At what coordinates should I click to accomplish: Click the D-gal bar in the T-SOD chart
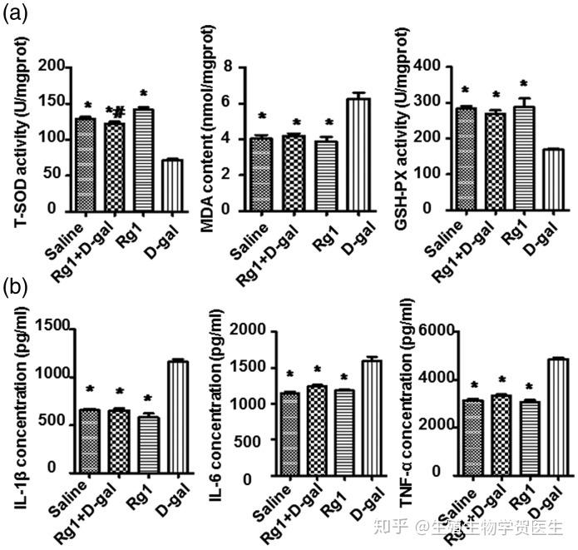pyautogui.click(x=172, y=184)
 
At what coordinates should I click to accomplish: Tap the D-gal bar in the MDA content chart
pyautogui.click(x=358, y=154)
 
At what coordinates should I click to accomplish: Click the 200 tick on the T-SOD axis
pyautogui.click(x=52, y=66)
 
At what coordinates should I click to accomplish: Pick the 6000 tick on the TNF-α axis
pyautogui.click(x=442, y=332)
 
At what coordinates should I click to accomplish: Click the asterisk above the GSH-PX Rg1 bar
pyautogui.click(x=523, y=84)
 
